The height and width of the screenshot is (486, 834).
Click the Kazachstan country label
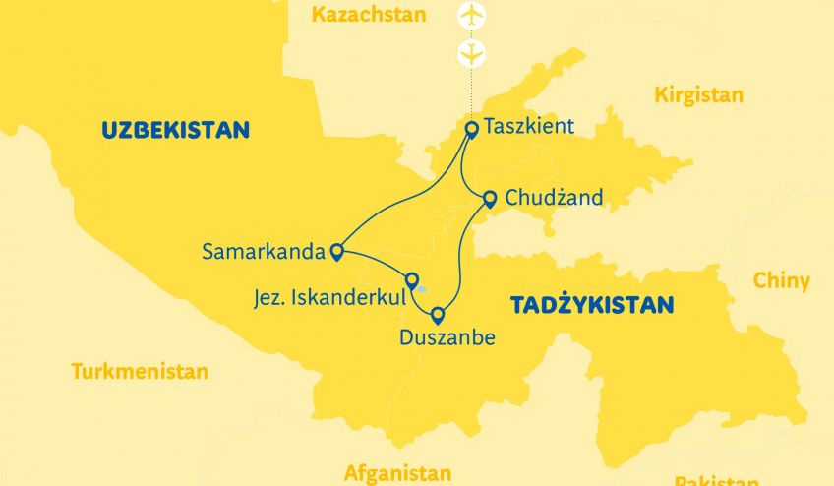368,15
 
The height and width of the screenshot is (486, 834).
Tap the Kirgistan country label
698,95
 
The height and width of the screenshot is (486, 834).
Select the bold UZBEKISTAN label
174,130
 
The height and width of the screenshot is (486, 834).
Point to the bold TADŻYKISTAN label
592,305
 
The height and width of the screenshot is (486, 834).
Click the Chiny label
781,281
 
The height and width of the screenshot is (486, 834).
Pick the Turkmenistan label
140,372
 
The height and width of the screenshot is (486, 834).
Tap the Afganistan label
397,473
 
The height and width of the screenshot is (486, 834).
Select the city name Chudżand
553,198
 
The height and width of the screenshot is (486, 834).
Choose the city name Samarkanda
262,251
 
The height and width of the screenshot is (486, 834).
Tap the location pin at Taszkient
471,128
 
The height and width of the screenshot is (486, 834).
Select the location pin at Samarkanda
337,252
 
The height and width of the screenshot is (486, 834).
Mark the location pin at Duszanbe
438,316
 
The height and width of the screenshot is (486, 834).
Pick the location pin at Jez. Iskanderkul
412,280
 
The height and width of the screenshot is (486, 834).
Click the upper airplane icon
473,17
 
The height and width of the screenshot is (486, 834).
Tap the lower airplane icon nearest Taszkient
473,52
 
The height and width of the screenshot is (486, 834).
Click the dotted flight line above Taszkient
472,93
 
